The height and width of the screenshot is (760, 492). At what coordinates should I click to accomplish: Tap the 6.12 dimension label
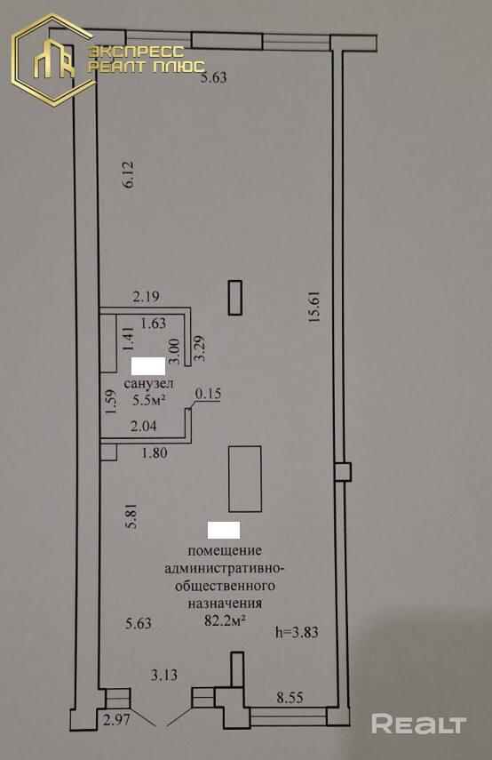128,174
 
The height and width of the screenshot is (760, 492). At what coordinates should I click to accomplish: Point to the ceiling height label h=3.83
297,632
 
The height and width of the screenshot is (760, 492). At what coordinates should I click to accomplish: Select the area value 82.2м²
224,620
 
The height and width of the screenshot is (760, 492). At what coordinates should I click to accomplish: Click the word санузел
148,383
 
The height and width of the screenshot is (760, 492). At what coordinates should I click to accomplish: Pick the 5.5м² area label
149,400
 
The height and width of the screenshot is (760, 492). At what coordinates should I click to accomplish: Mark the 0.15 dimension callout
208,394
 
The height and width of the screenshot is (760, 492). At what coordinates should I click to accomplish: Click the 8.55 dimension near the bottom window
290,698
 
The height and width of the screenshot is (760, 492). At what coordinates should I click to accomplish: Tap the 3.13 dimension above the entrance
164,674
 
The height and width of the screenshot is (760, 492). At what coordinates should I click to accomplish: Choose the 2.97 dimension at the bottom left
116,719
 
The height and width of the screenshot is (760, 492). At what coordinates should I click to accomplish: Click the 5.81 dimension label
131,516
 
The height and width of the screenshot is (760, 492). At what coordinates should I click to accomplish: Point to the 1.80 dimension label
154,452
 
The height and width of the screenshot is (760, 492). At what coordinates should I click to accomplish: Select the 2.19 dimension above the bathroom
147,296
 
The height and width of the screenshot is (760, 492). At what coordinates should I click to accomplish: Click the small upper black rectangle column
235,298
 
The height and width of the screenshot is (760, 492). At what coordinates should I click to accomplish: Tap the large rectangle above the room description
245,479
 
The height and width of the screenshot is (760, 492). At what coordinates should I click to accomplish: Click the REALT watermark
419,724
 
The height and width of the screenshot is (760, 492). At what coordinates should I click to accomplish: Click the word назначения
225,604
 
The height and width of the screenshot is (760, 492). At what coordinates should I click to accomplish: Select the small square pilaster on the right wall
343,472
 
